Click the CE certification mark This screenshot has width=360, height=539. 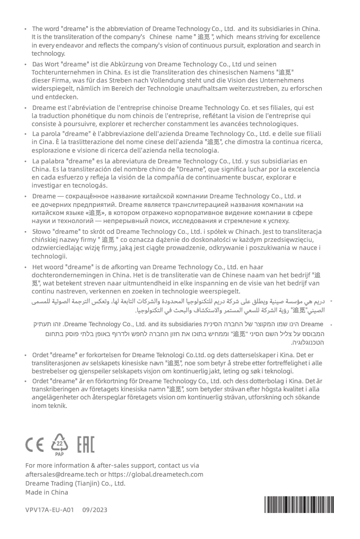35,444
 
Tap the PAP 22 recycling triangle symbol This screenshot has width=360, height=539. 60,443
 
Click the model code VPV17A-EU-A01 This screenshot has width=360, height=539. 50,510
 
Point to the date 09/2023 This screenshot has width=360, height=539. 95,510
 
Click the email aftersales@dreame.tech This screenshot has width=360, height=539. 61,474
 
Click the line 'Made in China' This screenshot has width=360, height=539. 47,492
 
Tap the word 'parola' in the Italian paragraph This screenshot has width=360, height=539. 51,134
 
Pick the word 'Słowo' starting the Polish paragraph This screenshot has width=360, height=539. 42,232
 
